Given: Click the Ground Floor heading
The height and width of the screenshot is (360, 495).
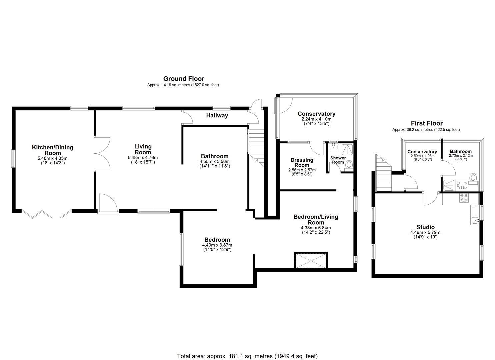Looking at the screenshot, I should pyautogui.click(x=183, y=79).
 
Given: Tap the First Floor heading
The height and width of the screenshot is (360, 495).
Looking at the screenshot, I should pyautogui.click(x=426, y=123).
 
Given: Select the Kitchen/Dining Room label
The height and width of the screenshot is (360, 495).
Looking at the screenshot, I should pyautogui.click(x=53, y=150).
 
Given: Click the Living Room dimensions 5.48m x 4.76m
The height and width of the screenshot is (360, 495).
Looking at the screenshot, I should pyautogui.click(x=143, y=158).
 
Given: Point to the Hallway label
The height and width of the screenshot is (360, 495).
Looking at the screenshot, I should pyautogui.click(x=217, y=116).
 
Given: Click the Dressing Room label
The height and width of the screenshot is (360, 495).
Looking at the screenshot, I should pyautogui.click(x=302, y=162).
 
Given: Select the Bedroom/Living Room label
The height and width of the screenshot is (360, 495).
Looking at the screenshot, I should pyautogui.click(x=316, y=220).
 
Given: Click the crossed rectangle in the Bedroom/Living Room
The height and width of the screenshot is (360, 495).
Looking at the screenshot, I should pyautogui.click(x=311, y=260).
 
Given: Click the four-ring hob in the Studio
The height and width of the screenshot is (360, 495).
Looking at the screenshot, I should pyautogui.click(x=463, y=198).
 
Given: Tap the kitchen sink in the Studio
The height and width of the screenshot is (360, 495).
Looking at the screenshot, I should pyautogui.click(x=475, y=219).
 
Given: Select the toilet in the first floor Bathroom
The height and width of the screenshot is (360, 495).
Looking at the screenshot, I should pyautogui.click(x=473, y=178).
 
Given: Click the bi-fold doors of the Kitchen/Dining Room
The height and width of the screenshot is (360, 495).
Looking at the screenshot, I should pyautogui.click(x=37, y=214).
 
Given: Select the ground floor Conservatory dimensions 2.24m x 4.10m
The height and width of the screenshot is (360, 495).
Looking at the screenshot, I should pyautogui.click(x=316, y=119).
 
